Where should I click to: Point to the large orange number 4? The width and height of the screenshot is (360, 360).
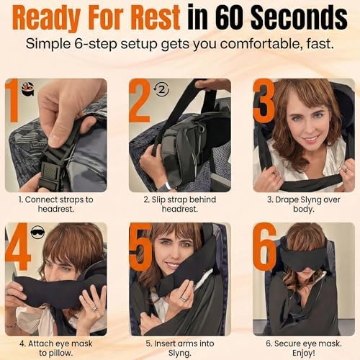(x=17, y=248)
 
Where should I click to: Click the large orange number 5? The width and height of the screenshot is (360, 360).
(x=141, y=248)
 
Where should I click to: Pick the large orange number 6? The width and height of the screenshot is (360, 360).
(x=265, y=248)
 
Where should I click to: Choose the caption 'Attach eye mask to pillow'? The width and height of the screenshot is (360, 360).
(x=56, y=347)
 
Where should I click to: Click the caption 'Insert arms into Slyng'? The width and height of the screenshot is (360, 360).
(x=180, y=347)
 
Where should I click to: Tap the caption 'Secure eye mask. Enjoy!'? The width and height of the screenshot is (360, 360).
(x=303, y=347)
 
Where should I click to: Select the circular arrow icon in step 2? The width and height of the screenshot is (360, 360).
(x=162, y=90)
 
